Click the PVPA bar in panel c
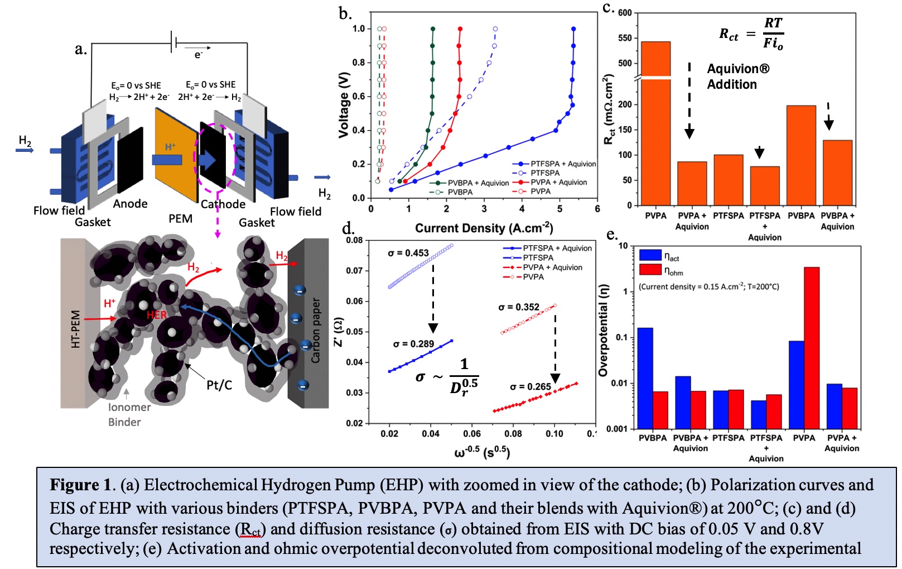coord(655,123)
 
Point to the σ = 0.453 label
coord(408,253)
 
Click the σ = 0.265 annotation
coord(530,386)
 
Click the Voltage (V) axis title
coord(344,106)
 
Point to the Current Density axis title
coord(484,228)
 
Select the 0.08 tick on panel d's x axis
coord(513,434)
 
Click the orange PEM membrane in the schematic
coord(176,156)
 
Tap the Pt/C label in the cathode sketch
coord(219,385)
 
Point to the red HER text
coord(157,315)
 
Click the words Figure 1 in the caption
coord(80,485)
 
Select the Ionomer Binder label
coord(129,414)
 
